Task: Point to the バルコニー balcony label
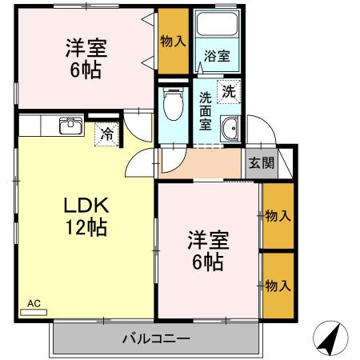tap(156, 338)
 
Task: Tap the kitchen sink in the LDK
tap(70, 125)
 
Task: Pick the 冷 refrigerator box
tap(106, 134)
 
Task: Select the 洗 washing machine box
tap(230, 92)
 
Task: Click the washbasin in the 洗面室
tap(230, 126)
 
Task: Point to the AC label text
tap(34, 303)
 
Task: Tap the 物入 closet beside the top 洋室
tap(172, 40)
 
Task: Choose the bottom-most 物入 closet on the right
tap(278, 285)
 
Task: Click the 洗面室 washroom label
tap(206, 110)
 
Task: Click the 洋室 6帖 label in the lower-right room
tap(206, 250)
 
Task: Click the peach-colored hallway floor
tap(200, 164)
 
